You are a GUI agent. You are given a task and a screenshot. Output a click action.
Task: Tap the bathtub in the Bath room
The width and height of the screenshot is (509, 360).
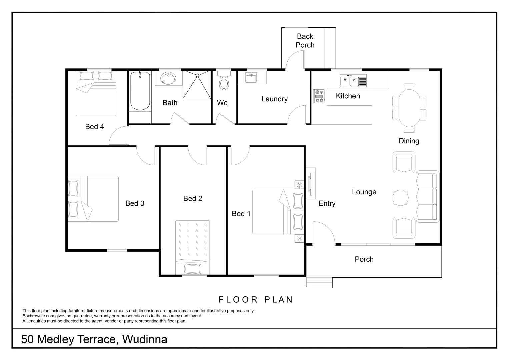pyautogui.click(x=140, y=91)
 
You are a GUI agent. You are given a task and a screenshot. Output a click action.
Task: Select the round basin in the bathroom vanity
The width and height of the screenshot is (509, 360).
pyautogui.click(x=168, y=78)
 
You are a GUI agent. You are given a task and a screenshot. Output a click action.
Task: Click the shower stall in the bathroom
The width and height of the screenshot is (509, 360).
pyautogui.click(x=197, y=85)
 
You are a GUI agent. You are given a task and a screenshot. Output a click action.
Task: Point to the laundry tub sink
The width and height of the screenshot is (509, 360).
pyautogui.click(x=251, y=78)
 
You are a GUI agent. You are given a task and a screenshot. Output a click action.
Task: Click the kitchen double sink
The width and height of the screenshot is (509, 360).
pyautogui.click(x=353, y=80)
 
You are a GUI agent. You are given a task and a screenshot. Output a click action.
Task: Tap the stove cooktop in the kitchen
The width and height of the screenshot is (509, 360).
pyautogui.click(x=319, y=96)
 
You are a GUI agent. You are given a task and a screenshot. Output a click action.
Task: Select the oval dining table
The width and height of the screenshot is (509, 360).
pyautogui.click(x=409, y=108)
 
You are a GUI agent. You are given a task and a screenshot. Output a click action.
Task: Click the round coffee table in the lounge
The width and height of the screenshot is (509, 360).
pyautogui.click(x=400, y=198)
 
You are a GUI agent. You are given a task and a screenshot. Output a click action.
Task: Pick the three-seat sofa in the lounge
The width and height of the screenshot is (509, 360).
pyautogui.click(x=427, y=196)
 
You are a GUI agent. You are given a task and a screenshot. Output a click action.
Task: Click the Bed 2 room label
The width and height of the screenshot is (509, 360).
pyautogui.click(x=193, y=198)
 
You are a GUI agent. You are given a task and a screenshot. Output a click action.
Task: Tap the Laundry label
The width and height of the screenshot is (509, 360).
pyautogui.click(x=274, y=99)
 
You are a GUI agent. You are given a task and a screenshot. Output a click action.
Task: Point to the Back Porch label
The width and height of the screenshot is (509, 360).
pyautogui.click(x=305, y=40)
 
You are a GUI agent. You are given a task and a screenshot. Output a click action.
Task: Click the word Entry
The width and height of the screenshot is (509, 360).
pyautogui.click(x=327, y=203)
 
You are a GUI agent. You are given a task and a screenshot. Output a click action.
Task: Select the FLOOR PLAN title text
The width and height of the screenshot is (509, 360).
pyautogui.click(x=256, y=300)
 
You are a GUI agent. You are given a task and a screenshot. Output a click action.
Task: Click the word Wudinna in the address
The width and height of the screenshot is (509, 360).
pyautogui.click(x=145, y=339)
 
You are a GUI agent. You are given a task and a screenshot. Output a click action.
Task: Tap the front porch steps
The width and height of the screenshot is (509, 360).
pyautogui.click(x=319, y=282)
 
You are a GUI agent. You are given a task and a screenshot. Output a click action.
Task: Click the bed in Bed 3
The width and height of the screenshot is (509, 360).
pyautogui.click(x=93, y=199)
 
